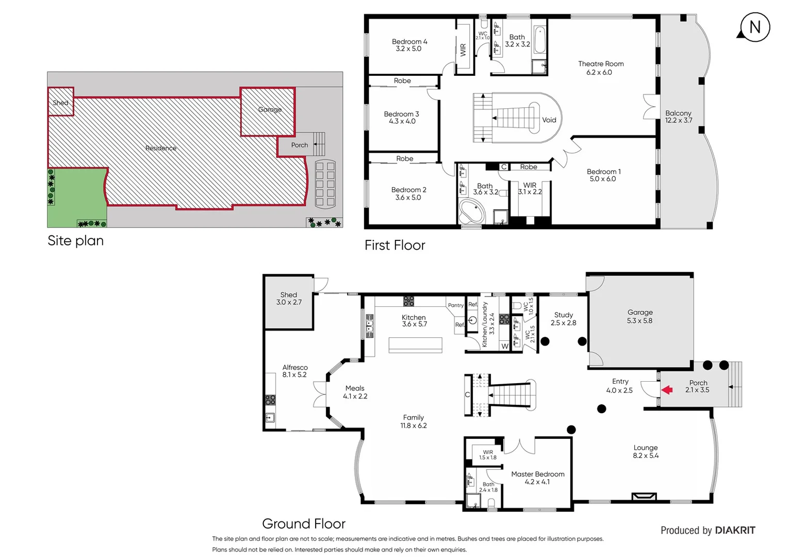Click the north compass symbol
pyautogui.click(x=754, y=27)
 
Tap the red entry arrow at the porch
pyautogui.click(x=667, y=390)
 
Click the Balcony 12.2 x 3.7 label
pyautogui.click(x=678, y=117)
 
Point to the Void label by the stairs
pyautogui.click(x=549, y=120)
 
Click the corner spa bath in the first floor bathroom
pyautogui.click(x=471, y=212)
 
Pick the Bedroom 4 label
pyautogui.click(x=409, y=45)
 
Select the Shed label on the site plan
pyautogui.click(x=60, y=103)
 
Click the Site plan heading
pyautogui.click(x=75, y=241)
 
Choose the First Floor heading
pyautogui.click(x=395, y=245)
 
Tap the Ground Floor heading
pyautogui.click(x=304, y=523)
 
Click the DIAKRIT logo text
pyautogui.click(x=735, y=530)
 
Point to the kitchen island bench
pyautogui.click(x=415, y=345)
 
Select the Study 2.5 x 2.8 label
pyautogui.click(x=563, y=319)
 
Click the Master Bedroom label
pyautogui.click(x=537, y=478)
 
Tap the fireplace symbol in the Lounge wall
pyautogui.click(x=644, y=497)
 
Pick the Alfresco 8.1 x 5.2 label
pyautogui.click(x=294, y=371)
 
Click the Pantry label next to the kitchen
pyautogui.click(x=455, y=305)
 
